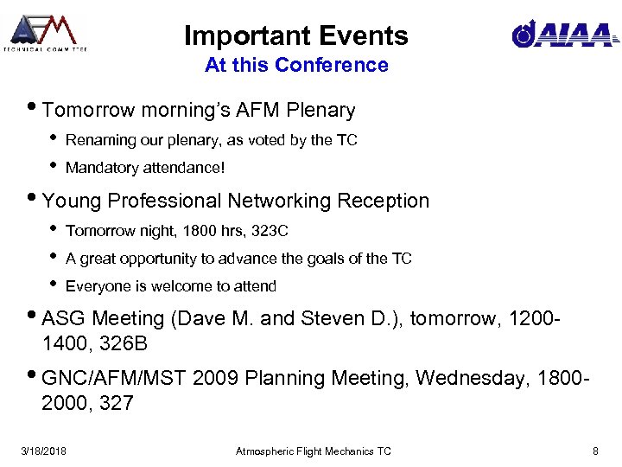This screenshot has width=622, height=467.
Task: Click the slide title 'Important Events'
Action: pos(295,35)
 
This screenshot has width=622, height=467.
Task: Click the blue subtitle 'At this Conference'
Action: pos(296,65)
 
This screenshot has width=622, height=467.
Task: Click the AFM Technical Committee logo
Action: pos(44,33)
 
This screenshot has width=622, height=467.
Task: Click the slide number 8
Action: pos(595,451)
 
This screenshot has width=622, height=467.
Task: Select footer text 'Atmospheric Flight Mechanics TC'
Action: pos(314,451)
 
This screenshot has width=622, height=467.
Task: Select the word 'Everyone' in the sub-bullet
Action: pos(96,286)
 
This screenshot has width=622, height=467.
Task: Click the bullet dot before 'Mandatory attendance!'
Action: pos(52,166)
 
